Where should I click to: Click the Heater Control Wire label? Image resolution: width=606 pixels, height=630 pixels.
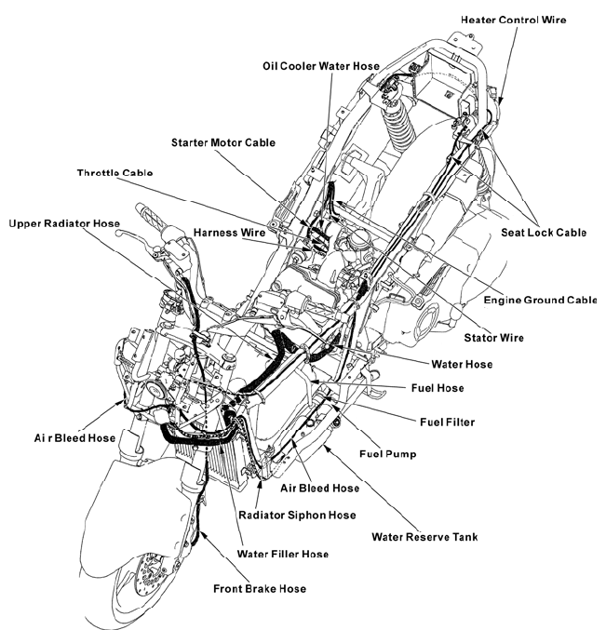(513, 20)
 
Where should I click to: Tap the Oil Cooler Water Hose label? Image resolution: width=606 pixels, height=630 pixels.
(321, 66)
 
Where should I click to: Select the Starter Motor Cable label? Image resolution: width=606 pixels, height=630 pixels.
(223, 142)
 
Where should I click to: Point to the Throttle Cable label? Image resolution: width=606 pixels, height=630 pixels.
(114, 173)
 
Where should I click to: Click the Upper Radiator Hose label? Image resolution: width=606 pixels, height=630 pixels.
(64, 223)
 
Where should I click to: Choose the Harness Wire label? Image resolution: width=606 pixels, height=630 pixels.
(229, 233)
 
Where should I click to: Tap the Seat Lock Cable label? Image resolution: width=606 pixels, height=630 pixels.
(544, 233)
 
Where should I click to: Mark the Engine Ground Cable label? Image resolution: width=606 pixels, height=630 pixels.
(540, 301)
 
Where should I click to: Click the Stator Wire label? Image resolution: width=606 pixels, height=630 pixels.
(494, 338)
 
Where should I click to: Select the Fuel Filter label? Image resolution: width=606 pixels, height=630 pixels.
(447, 422)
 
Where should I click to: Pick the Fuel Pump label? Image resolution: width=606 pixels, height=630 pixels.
(388, 453)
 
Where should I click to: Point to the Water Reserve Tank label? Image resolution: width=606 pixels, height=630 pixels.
(424, 537)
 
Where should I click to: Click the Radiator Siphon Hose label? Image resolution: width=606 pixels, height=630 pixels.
(297, 516)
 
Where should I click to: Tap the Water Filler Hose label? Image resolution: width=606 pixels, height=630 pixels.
(283, 554)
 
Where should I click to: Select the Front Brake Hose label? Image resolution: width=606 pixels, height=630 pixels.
(260, 589)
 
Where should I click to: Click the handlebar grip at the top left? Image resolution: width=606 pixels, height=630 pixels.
(150, 218)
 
